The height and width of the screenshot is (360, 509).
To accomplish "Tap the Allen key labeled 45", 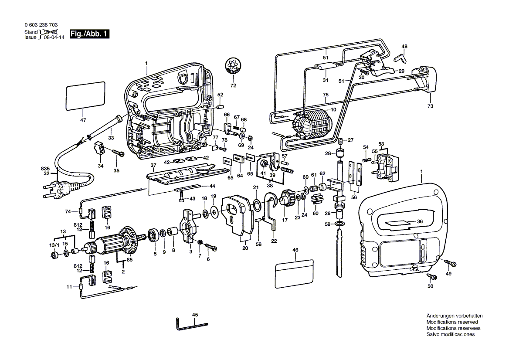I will pos(191,323).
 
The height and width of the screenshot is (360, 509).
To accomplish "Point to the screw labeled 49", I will pos(451,263).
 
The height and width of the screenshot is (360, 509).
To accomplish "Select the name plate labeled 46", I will pos(295,272).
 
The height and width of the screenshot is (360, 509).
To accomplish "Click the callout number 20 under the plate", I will pos(245,248).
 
